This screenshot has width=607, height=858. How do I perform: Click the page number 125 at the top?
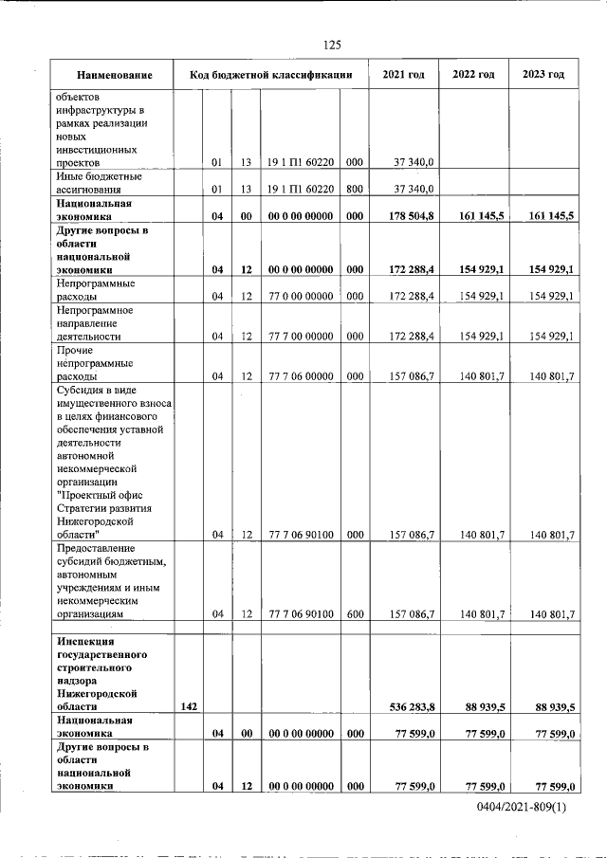pyautogui.click(x=332, y=45)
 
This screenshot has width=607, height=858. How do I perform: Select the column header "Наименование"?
pyautogui.click(x=115, y=75)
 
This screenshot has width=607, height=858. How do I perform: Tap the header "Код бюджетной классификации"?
pyautogui.click(x=271, y=75)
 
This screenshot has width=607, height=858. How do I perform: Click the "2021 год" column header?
pyautogui.click(x=403, y=75)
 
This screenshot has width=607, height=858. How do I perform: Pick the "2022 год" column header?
pyautogui.click(x=473, y=75)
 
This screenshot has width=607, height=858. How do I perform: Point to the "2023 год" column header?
pyautogui.click(x=543, y=75)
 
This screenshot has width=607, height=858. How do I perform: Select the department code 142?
pyautogui.click(x=188, y=706)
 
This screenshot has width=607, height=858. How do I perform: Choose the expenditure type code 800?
pyautogui.click(x=355, y=189)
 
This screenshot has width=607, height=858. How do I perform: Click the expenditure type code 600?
pyautogui.click(x=355, y=614)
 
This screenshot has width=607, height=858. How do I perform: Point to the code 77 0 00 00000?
pyautogui.click(x=300, y=297)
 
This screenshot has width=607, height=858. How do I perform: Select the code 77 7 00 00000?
pyautogui.click(x=300, y=337)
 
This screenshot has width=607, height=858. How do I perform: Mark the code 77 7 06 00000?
pyautogui.click(x=300, y=376)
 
